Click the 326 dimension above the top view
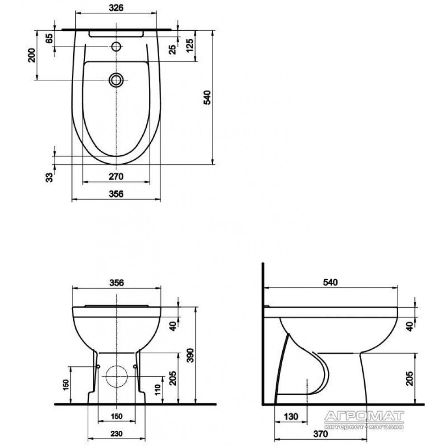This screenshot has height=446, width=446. pos(116,8)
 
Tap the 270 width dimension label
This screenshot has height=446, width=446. pos(116,177)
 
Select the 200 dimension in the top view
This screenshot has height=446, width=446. pos(32,55)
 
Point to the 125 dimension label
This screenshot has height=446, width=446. pos(190,45)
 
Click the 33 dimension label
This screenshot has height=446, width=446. pos(49,177)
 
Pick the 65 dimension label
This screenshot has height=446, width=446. pos(49,38)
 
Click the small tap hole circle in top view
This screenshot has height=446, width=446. pos(116,46)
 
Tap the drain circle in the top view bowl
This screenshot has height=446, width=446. pos(116,80)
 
